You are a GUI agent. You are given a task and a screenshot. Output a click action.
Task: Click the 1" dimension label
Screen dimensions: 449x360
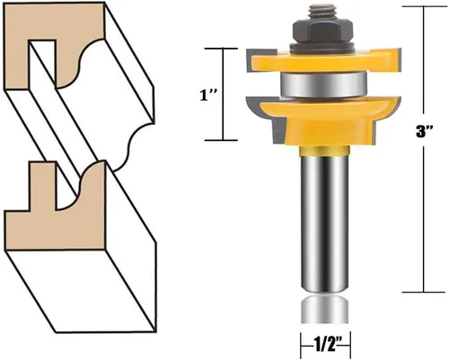[x=207, y=96]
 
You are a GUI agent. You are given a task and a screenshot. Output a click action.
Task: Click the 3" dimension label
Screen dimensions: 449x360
[x=425, y=131]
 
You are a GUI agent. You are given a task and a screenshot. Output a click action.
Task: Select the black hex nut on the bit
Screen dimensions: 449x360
[x=322, y=31]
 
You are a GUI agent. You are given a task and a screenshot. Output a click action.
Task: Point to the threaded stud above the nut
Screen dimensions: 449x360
[x=322, y=11]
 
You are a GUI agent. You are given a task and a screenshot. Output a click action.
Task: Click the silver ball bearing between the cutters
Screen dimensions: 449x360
[x=323, y=84]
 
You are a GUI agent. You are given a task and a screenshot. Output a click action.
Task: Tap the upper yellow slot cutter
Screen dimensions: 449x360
[x=324, y=62]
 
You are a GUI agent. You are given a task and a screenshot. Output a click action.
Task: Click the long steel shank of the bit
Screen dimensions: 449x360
[x=325, y=223]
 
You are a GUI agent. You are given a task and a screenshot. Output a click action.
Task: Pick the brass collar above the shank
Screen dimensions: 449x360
[x=325, y=151]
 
